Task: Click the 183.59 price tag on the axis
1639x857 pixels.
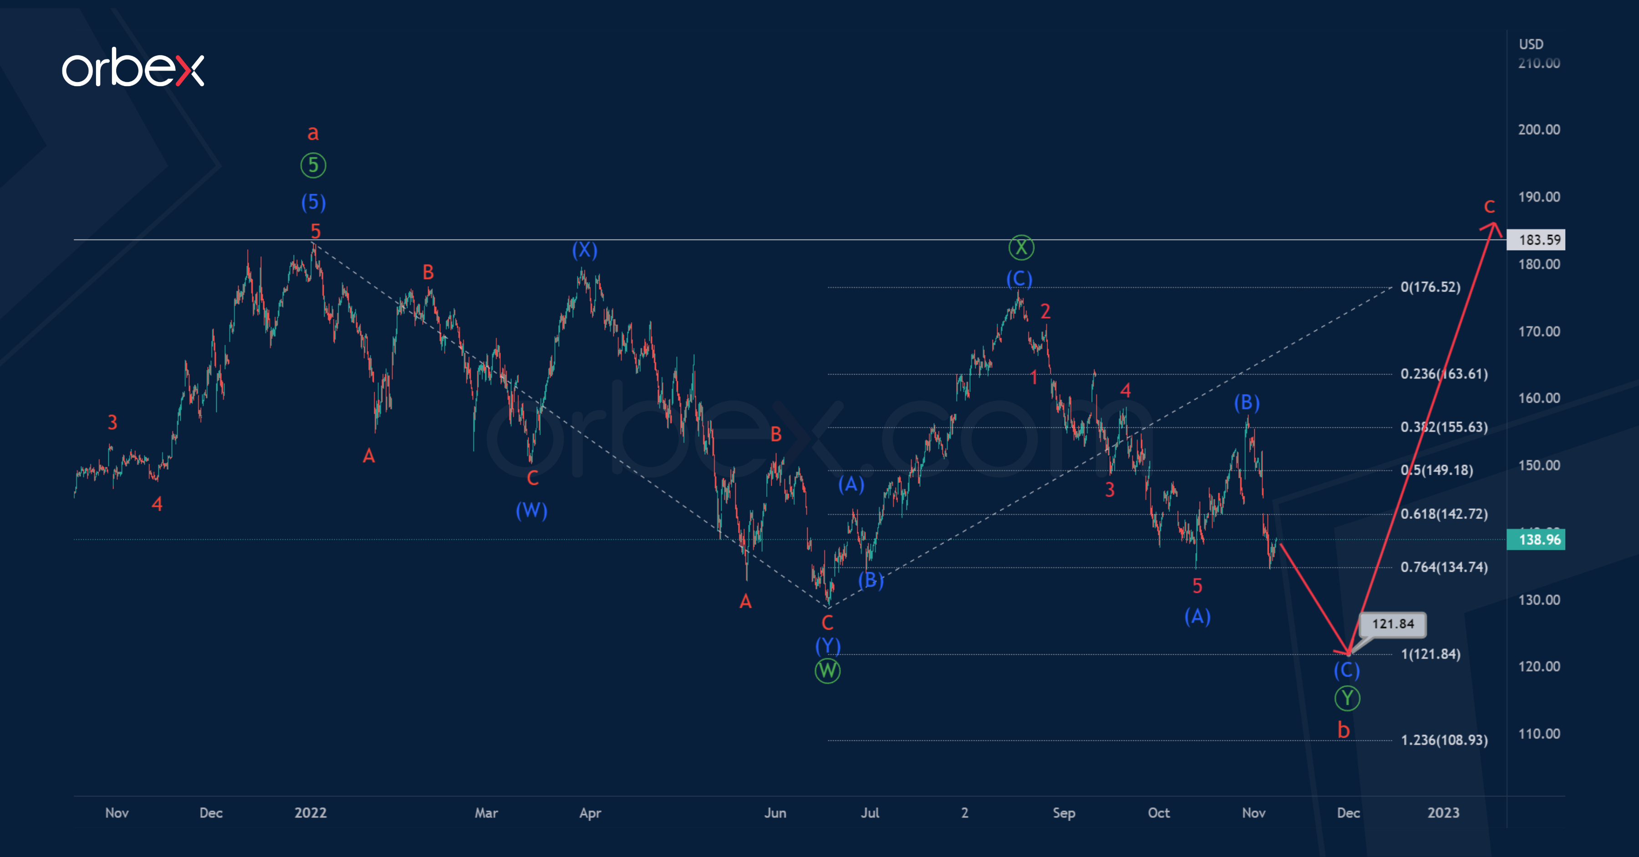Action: click(1535, 240)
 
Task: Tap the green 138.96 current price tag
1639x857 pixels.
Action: click(1535, 540)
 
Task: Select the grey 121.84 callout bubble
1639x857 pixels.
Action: click(1392, 624)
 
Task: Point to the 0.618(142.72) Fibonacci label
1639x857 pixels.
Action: click(1444, 514)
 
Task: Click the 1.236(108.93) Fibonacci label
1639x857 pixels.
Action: click(1444, 740)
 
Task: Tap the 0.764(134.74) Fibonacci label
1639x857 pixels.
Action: click(1444, 567)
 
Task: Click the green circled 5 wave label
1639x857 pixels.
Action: click(313, 165)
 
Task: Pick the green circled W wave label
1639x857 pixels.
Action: click(827, 671)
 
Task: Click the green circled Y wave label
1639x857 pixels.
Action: click(1347, 698)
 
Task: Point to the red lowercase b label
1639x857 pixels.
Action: click(1343, 730)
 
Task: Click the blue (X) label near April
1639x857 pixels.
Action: click(584, 250)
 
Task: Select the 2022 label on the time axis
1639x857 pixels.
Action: click(310, 813)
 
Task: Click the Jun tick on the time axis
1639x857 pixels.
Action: click(775, 813)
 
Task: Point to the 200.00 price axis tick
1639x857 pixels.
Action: click(1538, 130)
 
